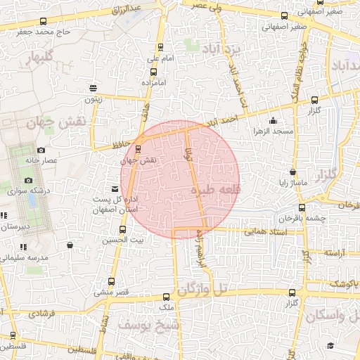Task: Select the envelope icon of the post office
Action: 115,189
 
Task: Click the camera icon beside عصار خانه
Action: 41,150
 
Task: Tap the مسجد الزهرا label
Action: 273,131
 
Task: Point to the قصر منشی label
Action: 110,290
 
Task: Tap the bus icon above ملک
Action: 166,297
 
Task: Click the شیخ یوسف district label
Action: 159,326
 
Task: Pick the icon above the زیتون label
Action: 94,88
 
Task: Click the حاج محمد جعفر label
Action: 45,31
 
